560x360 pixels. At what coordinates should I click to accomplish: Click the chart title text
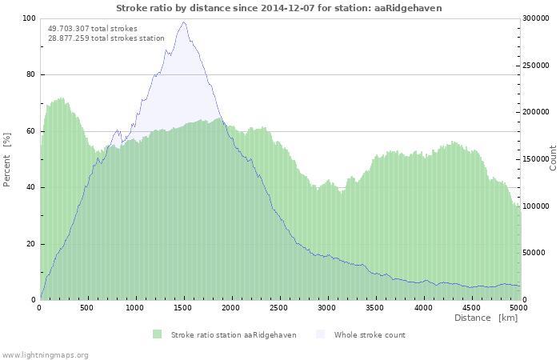click(278, 8)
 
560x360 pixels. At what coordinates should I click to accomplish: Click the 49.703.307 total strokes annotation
click(92, 29)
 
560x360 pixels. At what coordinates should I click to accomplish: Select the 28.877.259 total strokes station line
click(106, 38)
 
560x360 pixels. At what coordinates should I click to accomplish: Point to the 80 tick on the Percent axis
click(30, 75)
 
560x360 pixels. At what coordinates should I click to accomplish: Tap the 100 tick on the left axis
click(29, 18)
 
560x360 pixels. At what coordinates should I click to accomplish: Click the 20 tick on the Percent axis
click(30, 244)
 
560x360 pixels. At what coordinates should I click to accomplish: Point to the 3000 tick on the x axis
click(326, 307)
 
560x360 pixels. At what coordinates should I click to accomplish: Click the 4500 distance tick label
click(470, 307)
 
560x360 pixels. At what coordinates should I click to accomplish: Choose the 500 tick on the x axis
click(88, 307)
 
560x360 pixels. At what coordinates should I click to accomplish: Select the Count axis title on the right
click(552, 158)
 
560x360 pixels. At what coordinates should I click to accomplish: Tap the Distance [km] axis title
click(486, 318)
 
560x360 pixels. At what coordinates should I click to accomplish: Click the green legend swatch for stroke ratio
click(157, 334)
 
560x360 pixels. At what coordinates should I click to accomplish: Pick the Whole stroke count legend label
click(369, 335)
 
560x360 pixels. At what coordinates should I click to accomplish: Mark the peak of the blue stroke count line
click(184, 22)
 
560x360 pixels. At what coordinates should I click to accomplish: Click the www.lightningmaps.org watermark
click(45, 354)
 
